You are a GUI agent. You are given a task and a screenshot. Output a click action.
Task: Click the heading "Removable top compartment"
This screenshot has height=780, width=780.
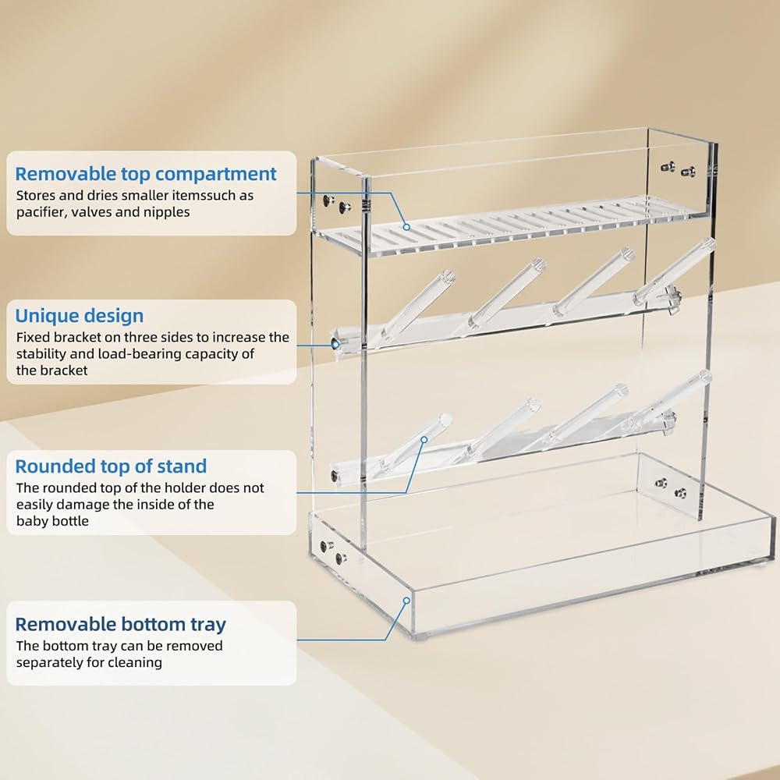click(146, 174)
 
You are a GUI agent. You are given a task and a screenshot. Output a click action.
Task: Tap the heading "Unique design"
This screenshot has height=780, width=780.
click(80, 316)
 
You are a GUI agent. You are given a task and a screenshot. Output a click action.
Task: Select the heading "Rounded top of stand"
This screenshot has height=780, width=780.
click(111, 466)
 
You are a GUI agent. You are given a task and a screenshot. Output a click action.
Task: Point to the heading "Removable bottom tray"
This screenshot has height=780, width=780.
click(120, 624)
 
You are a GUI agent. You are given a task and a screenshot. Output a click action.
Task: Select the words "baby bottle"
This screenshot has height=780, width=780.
click(52, 520)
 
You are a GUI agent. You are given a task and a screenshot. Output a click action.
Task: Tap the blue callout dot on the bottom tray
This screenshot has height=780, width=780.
click(406, 600)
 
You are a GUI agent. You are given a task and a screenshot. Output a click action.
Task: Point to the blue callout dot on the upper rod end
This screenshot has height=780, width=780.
click(334, 343)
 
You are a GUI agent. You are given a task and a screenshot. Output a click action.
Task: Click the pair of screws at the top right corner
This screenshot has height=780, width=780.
click(676, 169)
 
